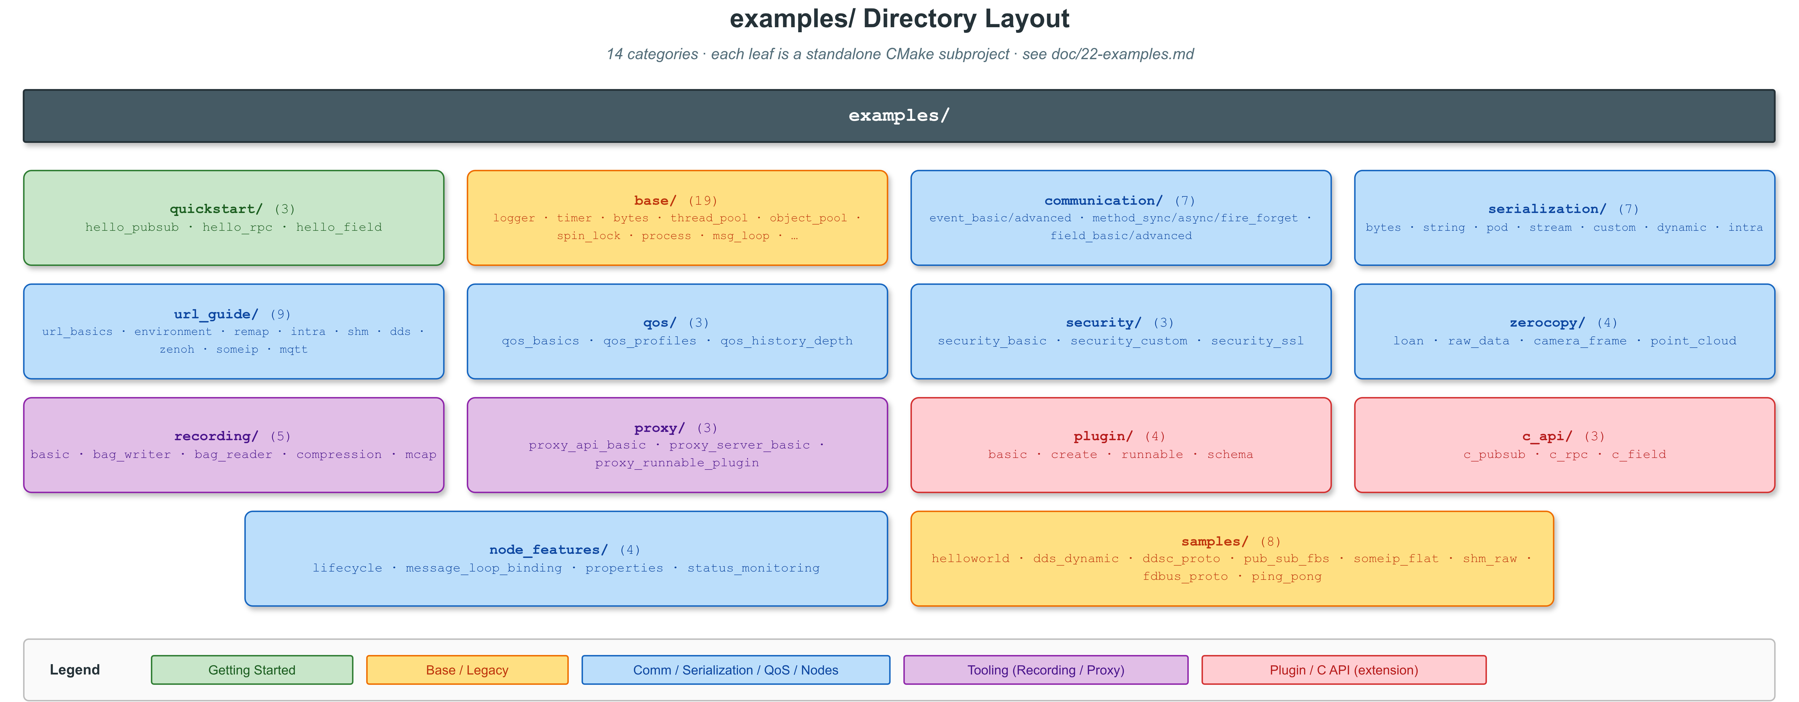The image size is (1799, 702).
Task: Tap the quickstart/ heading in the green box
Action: tap(216, 209)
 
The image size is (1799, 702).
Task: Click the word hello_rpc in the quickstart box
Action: tap(238, 227)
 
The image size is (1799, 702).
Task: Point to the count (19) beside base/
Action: tap(703, 201)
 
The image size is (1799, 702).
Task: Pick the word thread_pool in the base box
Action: tap(709, 218)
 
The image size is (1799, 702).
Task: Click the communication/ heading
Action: tap(1103, 201)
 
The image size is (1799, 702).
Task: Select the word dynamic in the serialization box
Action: tap(1682, 227)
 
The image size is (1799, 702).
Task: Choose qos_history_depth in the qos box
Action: tap(787, 341)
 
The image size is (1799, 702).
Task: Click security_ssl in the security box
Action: tap(1257, 341)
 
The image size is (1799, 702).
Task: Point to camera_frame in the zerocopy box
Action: tap(1580, 341)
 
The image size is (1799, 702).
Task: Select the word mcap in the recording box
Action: tap(420, 455)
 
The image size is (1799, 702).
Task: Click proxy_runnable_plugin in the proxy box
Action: tap(677, 462)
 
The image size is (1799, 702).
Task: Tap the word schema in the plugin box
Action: tap(1230, 455)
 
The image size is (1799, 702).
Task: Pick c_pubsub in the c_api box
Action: tap(1495, 455)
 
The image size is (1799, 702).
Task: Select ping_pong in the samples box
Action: tap(1286, 576)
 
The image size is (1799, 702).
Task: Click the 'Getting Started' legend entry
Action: tap(252, 670)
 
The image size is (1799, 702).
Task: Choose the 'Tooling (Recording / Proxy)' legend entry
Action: tap(1045, 670)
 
